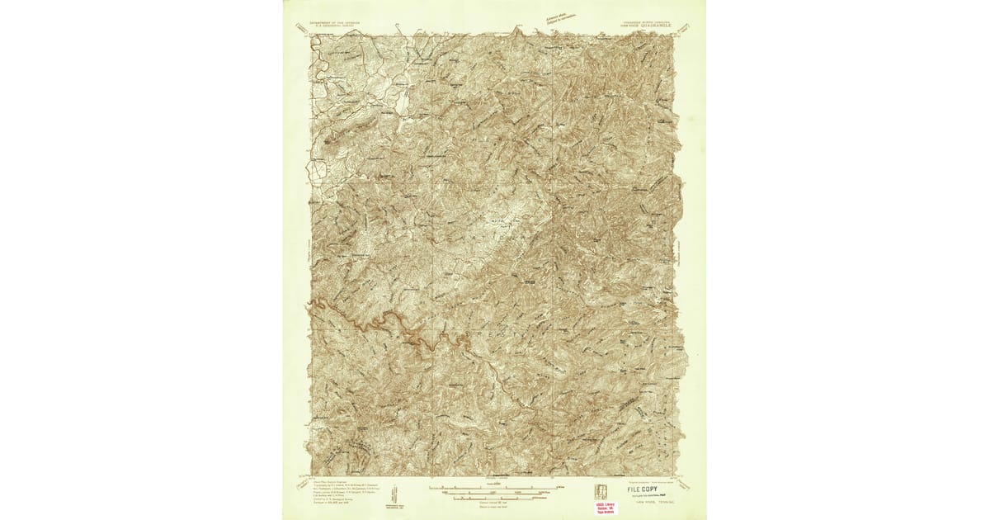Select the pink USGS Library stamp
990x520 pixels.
[606, 507]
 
